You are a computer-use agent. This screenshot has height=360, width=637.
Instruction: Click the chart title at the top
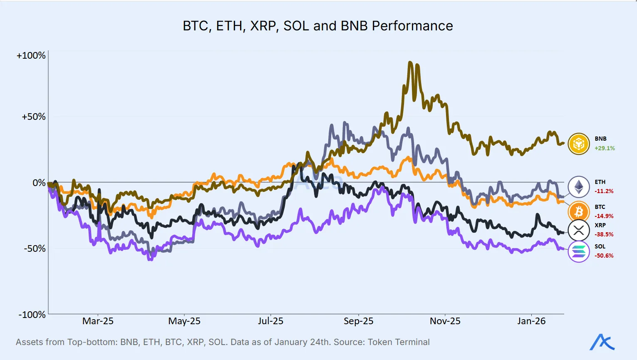click(x=318, y=26)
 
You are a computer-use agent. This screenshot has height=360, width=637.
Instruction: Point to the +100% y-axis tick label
click(x=31, y=55)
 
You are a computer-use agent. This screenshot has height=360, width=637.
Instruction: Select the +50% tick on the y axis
click(x=33, y=117)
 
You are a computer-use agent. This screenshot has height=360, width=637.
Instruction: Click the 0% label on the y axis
click(x=39, y=183)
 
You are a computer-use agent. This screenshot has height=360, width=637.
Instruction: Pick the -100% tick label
click(x=32, y=315)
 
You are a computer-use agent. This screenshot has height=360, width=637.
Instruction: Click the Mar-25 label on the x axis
click(x=98, y=321)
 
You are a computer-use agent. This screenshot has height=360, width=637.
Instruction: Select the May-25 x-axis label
click(x=184, y=321)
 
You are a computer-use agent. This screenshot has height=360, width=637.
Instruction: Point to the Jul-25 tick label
click(x=270, y=321)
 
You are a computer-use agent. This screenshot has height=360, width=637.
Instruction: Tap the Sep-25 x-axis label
click(x=358, y=321)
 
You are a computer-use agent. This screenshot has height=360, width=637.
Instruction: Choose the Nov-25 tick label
click(x=445, y=321)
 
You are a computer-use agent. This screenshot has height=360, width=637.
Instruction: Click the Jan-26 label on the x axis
click(x=531, y=321)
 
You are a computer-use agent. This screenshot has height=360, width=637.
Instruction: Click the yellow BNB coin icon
click(x=579, y=144)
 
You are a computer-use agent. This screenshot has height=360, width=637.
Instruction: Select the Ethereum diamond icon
click(x=579, y=187)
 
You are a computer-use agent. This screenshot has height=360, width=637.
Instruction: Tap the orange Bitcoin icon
click(x=579, y=212)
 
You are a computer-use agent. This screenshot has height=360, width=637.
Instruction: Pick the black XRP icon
click(x=579, y=230)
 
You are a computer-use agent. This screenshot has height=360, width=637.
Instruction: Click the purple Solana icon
click(x=579, y=251)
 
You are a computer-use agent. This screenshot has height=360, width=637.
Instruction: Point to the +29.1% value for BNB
click(x=605, y=148)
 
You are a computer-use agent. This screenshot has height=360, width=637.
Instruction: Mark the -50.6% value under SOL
click(x=604, y=256)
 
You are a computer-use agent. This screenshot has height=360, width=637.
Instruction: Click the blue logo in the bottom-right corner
click(x=602, y=342)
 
